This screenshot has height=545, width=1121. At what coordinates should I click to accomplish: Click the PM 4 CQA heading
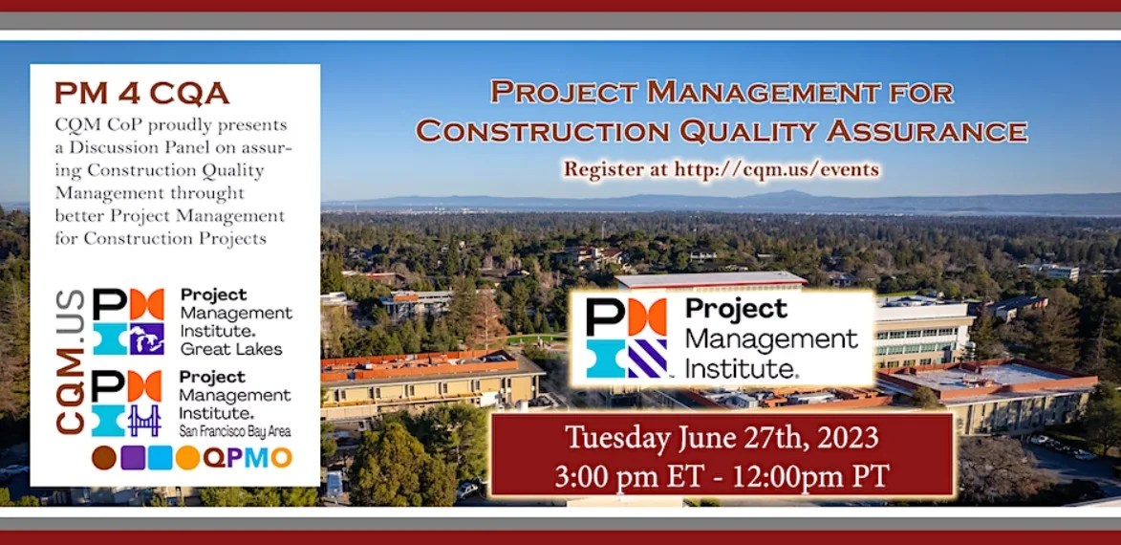pos(141,93)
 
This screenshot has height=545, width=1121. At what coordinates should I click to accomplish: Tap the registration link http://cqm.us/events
pos(777,169)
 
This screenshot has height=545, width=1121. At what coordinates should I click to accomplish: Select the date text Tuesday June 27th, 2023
pos(722,439)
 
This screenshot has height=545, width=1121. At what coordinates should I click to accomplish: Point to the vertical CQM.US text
pos(70,361)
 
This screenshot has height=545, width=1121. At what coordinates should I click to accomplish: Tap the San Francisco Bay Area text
pos(234,431)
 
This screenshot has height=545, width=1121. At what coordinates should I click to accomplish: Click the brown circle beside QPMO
pos(104,458)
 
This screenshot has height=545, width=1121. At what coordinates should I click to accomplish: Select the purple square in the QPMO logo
pos(133,458)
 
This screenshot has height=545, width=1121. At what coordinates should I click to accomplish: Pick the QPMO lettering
pos(247,458)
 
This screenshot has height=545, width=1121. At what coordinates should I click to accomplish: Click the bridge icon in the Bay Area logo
pos(145,420)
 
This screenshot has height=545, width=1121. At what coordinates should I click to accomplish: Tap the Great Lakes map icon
pos(146,338)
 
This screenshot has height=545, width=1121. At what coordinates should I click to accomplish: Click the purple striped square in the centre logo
pos(646,359)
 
